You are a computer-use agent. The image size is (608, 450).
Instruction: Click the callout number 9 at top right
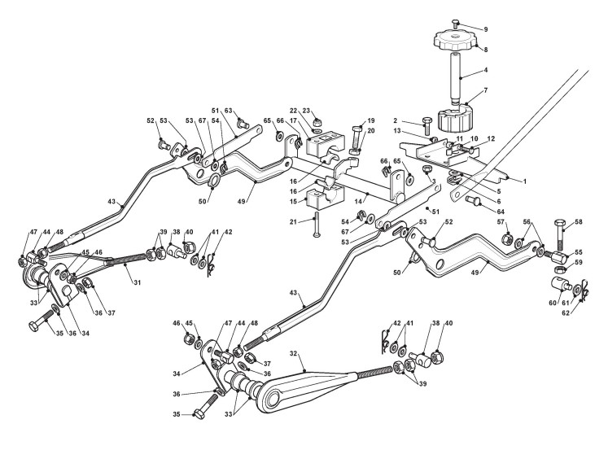486,29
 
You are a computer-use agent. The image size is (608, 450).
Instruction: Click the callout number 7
486,90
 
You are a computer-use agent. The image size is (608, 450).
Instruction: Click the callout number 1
525,181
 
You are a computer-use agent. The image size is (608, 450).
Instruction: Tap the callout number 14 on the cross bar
358,202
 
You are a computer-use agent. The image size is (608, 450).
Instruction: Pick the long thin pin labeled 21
317,225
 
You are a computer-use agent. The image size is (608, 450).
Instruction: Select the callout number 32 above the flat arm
294,353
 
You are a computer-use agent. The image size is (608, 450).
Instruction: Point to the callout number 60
553,303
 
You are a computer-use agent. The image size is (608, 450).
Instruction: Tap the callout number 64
501,212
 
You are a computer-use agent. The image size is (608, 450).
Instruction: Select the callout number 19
370,120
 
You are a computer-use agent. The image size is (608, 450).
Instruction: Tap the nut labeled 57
505,238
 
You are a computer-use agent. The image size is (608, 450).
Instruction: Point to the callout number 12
491,139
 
